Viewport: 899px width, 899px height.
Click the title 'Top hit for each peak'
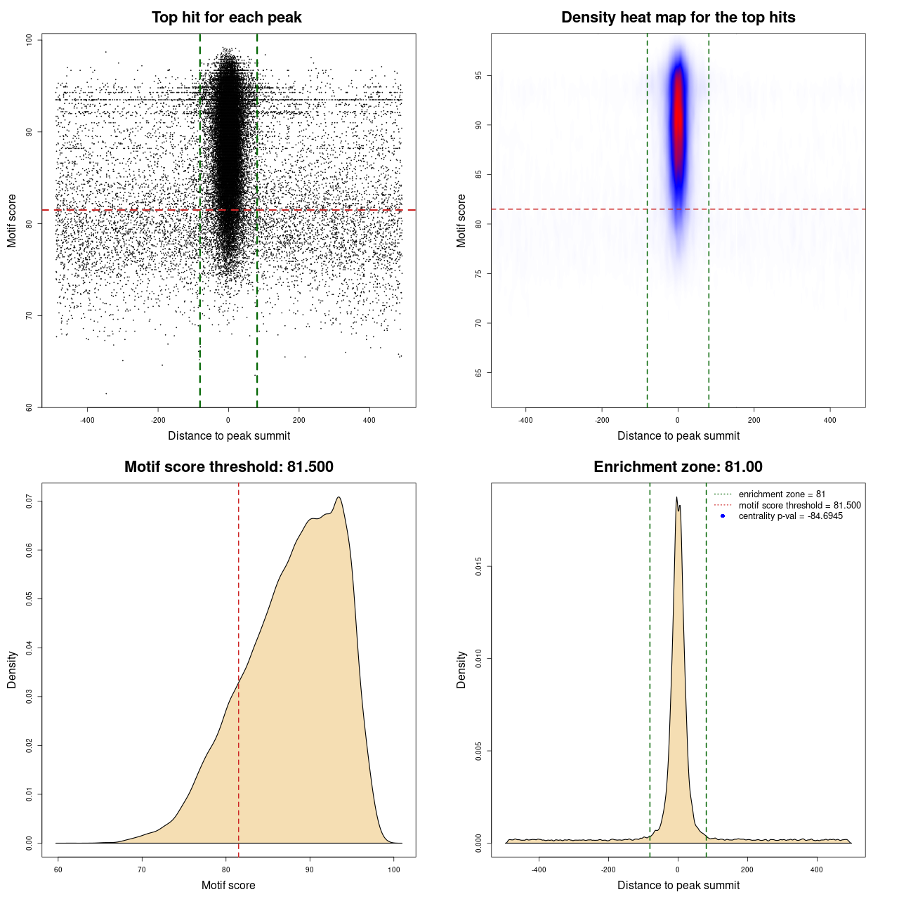tap(226, 18)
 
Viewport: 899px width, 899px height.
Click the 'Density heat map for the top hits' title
tap(678, 18)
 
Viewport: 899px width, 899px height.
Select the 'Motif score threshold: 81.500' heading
tap(228, 467)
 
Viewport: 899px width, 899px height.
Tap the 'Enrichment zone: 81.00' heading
tap(678, 467)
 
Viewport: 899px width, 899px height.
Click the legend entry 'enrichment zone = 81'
tap(782, 494)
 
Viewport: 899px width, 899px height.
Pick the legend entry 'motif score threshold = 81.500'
tap(799, 506)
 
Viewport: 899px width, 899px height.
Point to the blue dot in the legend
tap(723, 516)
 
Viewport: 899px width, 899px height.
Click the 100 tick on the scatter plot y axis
tap(29, 40)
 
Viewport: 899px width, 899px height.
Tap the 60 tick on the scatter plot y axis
tap(29, 407)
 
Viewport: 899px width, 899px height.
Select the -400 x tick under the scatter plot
tap(87, 421)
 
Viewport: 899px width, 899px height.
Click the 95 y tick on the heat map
tap(479, 75)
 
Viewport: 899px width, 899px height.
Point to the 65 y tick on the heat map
tap(479, 372)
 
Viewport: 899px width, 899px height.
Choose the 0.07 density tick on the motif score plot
tap(29, 501)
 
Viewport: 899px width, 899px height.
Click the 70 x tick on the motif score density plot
tap(142, 870)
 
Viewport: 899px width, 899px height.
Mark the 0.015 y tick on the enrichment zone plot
tap(479, 567)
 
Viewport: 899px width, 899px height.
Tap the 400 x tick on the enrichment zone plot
tap(816, 870)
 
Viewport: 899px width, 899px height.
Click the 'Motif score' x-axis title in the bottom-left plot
tap(228, 886)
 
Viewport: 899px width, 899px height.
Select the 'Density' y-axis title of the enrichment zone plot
tap(461, 669)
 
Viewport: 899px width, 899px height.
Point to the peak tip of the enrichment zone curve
tap(676, 498)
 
